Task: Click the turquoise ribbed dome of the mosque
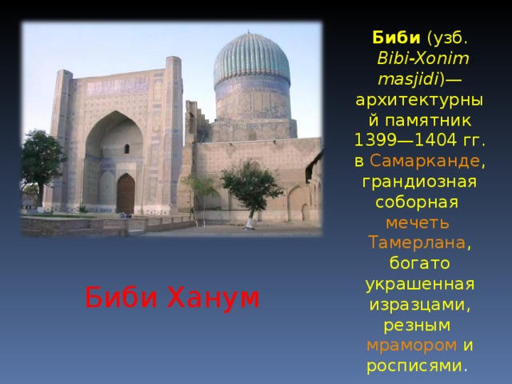click(252, 64)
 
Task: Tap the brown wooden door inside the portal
click(126, 194)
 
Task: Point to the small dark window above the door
click(126, 149)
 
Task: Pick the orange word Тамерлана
click(416, 242)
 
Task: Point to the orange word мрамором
click(411, 346)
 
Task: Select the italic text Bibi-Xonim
click(423, 58)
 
